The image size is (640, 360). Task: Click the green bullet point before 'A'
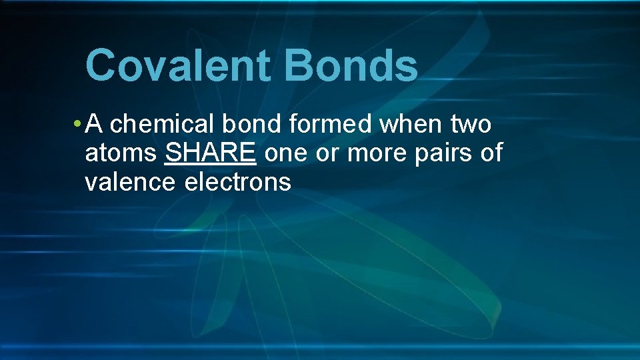point(78,124)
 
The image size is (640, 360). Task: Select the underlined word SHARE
point(210,153)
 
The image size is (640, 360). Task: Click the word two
point(471,124)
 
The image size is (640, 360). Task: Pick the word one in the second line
point(286,153)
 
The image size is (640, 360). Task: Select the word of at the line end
point(491,153)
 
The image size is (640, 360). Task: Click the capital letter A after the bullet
point(94,124)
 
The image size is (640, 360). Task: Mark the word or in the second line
point(326,153)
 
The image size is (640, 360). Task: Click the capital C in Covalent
point(101,65)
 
